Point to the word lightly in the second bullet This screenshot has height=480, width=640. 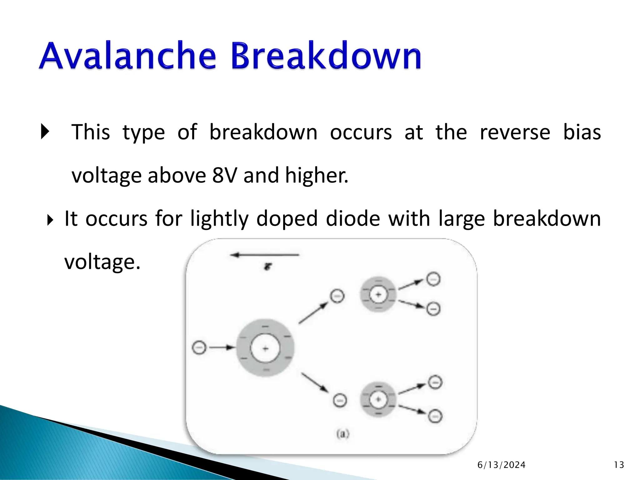[219, 218]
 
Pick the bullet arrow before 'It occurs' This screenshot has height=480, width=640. [50, 220]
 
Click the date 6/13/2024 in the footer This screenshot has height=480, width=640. [501, 465]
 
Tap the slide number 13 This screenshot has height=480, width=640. [619, 465]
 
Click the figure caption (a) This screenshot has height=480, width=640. [342, 434]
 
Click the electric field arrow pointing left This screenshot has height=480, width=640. [264, 255]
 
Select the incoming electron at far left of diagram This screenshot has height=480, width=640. [199, 347]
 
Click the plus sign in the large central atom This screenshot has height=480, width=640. [265, 348]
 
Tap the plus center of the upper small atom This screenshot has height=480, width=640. [378, 294]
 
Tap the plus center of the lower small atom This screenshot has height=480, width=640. [378, 399]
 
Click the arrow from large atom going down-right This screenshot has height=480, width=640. [315, 382]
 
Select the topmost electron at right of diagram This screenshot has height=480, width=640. [433, 279]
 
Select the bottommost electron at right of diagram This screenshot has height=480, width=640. [435, 416]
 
